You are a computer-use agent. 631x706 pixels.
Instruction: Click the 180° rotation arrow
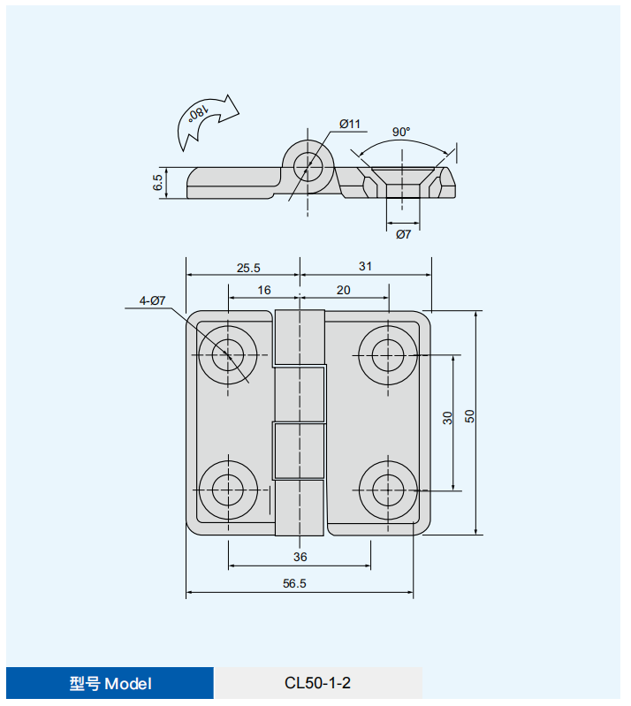(206, 120)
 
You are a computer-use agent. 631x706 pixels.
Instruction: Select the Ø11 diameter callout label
(349, 124)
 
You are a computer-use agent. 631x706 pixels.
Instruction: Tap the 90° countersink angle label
(401, 132)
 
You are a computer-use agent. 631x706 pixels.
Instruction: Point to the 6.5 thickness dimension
(157, 182)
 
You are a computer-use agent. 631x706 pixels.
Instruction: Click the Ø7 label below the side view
(403, 234)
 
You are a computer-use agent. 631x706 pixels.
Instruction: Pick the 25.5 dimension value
(248, 268)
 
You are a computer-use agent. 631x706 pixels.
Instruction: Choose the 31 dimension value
(365, 267)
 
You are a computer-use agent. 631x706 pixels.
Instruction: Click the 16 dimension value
(264, 290)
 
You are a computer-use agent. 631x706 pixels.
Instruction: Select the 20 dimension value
(343, 290)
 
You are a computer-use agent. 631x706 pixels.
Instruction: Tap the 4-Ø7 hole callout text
(152, 300)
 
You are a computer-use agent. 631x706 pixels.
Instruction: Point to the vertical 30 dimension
(447, 418)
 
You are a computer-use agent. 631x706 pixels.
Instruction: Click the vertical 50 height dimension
(469, 416)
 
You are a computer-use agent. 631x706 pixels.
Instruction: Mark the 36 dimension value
(300, 557)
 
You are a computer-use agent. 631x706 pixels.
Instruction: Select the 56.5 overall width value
(294, 583)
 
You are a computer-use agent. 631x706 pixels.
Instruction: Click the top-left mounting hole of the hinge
(228, 355)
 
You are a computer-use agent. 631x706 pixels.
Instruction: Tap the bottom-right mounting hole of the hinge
(388, 490)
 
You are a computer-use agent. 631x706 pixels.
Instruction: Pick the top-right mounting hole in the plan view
(388, 355)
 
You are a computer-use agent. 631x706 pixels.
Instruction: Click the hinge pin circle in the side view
(308, 167)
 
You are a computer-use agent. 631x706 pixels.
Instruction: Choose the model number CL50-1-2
(317, 683)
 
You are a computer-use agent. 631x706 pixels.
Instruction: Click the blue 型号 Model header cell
(110, 683)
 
